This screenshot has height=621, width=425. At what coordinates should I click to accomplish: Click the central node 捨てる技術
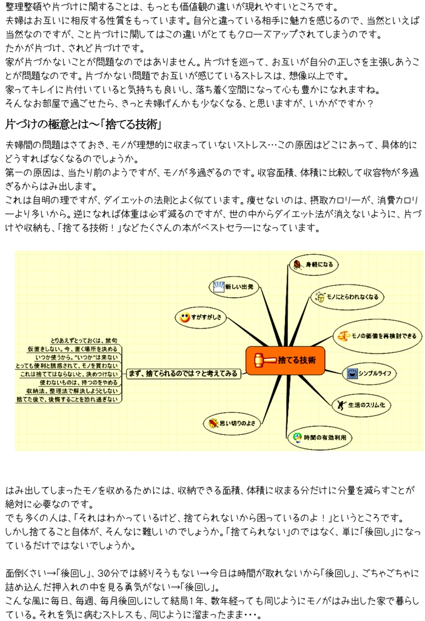point(285,360)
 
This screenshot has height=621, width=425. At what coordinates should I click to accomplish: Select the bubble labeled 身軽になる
point(313,264)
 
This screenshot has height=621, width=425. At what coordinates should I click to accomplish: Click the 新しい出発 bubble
point(233,286)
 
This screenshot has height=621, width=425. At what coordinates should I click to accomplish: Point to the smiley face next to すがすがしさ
point(184,317)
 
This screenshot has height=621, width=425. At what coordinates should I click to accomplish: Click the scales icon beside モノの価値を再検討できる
point(343,336)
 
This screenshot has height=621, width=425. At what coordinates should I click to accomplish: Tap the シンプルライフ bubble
point(369,373)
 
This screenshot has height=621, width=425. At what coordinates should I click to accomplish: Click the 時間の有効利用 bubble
point(320,437)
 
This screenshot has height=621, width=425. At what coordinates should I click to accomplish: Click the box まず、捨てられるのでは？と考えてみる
point(183,374)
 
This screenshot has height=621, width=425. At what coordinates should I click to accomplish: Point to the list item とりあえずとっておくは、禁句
point(84,341)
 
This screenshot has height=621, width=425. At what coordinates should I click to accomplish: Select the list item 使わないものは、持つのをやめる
point(79,383)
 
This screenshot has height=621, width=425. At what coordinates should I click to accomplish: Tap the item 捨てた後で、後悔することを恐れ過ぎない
point(67,400)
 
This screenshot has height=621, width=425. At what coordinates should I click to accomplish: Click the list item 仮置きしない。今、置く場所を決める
point(73,349)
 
